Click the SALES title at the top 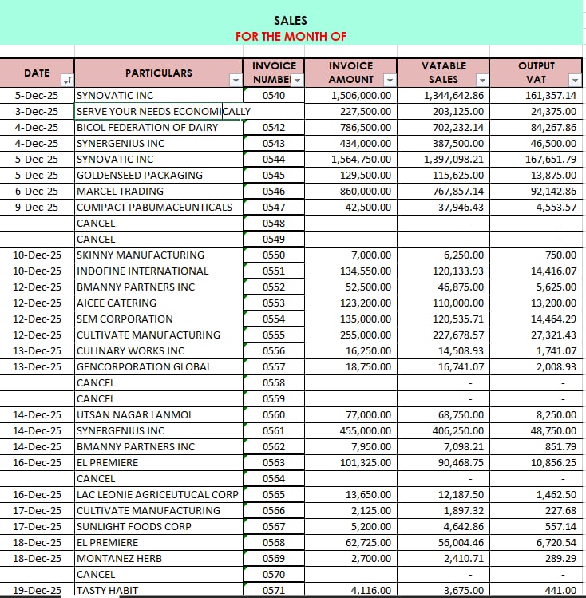click(290, 21)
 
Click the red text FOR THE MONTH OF click(291, 37)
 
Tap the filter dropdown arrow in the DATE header click(67, 80)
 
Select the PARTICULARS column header click(158, 73)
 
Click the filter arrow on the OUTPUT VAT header click(575, 80)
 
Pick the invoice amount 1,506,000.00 click(361, 95)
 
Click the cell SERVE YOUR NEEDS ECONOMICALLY click(163, 111)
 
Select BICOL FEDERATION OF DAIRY click(147, 127)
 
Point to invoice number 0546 click(273, 191)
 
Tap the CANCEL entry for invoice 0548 click(96, 223)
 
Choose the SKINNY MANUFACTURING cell click(140, 255)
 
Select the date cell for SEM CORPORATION click(37, 319)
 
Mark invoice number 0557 click(273, 366)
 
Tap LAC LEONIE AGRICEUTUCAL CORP click(156, 494)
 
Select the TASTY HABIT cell click(108, 590)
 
